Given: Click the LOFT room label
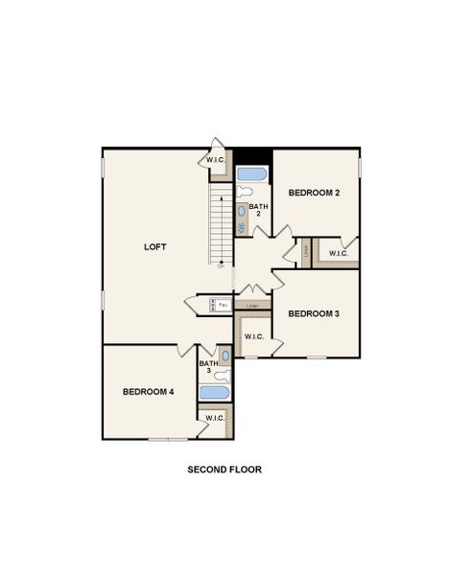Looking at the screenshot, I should [x=155, y=246].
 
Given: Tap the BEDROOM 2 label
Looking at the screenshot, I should [x=315, y=193].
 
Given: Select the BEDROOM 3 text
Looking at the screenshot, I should [x=315, y=313].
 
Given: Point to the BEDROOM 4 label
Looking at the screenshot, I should [x=149, y=391].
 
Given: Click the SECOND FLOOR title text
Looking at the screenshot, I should [x=224, y=470].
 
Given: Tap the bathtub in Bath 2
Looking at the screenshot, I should [x=253, y=175].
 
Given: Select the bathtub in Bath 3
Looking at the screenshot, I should [x=214, y=392].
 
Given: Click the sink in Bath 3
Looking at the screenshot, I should [x=224, y=356].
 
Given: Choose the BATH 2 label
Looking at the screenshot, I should [x=259, y=210].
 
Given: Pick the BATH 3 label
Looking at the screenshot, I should [x=208, y=367].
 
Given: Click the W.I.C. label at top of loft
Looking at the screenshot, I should [x=216, y=159].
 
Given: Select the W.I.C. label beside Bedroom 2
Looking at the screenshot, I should [x=339, y=253].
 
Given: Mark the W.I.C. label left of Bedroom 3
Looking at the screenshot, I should [x=253, y=336].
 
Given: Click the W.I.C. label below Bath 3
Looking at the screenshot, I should [x=215, y=418].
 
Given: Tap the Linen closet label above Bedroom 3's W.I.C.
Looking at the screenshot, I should [x=252, y=306].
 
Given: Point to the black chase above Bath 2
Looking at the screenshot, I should [x=253, y=156].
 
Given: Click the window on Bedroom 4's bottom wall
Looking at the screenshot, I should [x=168, y=439].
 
